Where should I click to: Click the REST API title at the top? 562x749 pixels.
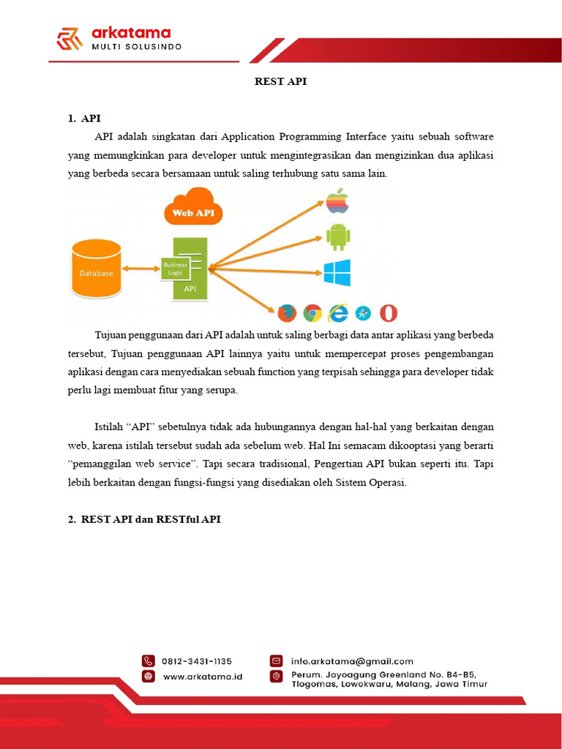(280, 81)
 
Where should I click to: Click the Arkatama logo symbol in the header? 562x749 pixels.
(70, 39)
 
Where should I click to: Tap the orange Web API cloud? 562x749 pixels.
(193, 208)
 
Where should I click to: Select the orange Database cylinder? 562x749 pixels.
(97, 271)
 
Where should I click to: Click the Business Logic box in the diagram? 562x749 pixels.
(176, 268)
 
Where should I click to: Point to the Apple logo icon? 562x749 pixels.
(337, 200)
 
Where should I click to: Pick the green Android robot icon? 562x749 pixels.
(337, 236)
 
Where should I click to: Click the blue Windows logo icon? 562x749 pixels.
(337, 273)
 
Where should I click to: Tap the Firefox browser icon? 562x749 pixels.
(287, 313)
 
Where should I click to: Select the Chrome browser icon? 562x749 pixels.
(312, 313)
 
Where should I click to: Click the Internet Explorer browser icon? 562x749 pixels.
(338, 313)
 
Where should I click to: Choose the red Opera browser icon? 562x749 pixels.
(389, 313)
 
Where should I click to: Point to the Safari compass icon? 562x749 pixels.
(364, 313)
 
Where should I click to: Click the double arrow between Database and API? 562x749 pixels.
(141, 269)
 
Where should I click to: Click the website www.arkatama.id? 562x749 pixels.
(203, 677)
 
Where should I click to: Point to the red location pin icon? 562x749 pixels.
(276, 676)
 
